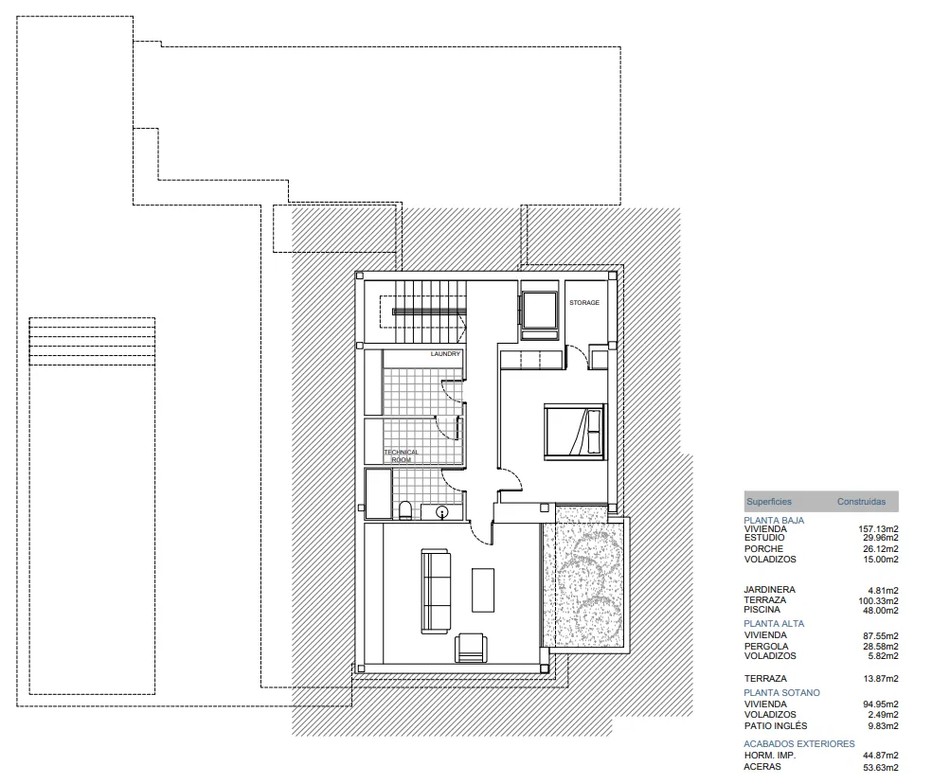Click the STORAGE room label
point(584,303)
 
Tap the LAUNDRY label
point(445,354)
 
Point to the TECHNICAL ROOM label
point(402,455)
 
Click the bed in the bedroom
point(575,432)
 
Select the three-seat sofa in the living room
point(435,592)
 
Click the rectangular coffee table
point(483,590)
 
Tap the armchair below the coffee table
point(471,648)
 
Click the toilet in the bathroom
point(405,510)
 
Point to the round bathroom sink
point(441,511)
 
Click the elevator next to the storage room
point(539,311)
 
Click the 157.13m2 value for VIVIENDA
point(878,529)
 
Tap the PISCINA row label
point(762,610)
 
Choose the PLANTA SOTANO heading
point(781,692)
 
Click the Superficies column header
point(769,502)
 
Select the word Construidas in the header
point(861,502)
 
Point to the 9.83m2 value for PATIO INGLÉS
point(883,725)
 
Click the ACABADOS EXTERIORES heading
point(798,743)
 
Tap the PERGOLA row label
point(766,646)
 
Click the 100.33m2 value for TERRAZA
point(878,601)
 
